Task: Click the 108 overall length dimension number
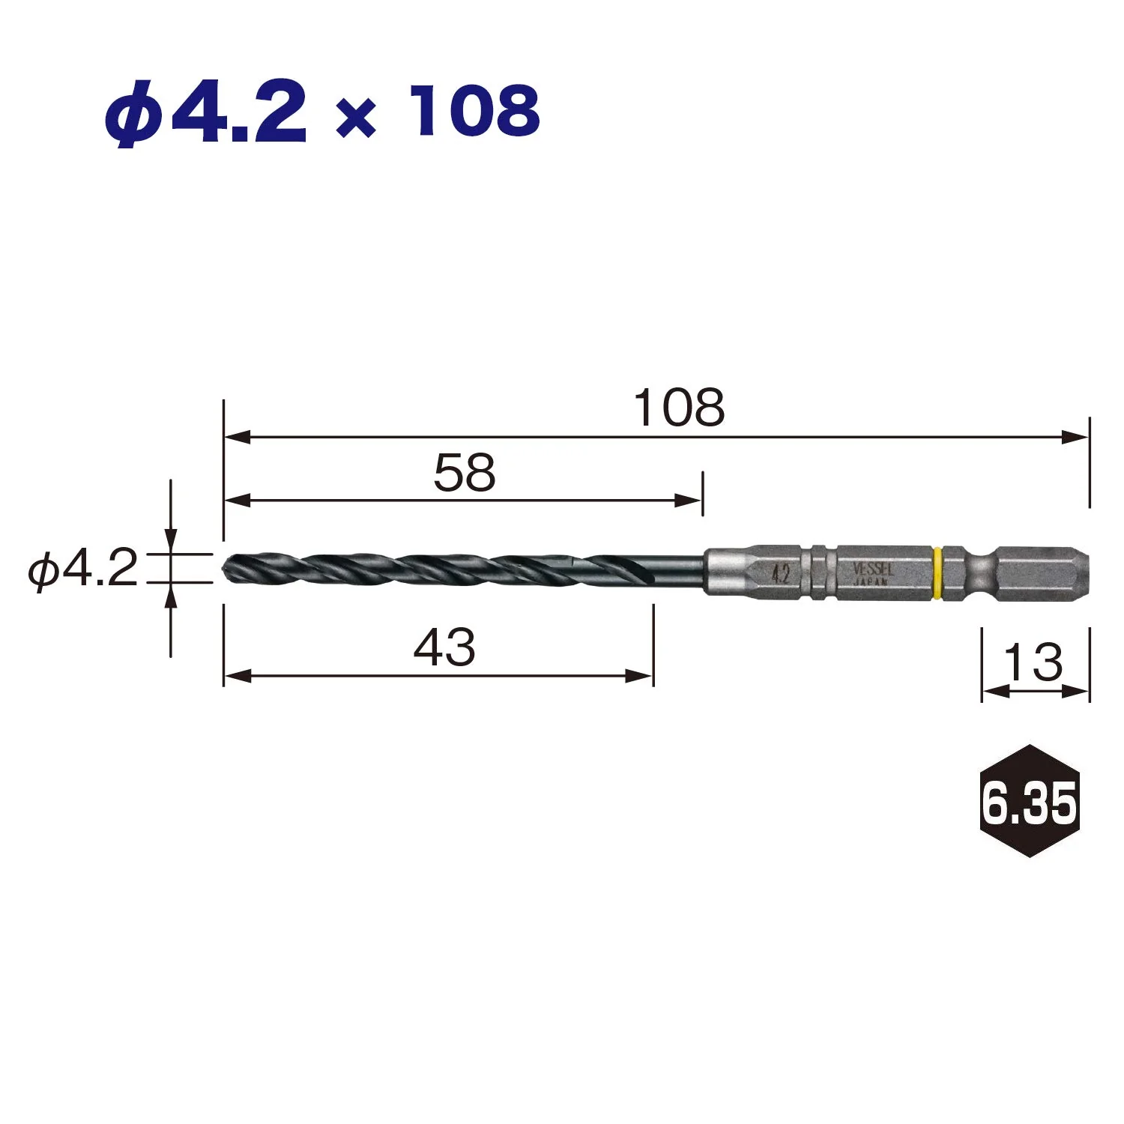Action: click(680, 408)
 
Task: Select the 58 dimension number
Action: click(465, 473)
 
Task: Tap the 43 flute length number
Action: click(444, 647)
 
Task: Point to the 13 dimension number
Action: click(1033, 662)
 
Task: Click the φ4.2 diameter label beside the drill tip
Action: click(83, 569)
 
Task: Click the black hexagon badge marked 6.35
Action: click(1030, 801)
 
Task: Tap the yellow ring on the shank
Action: click(936, 574)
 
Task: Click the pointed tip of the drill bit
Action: click(224, 567)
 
